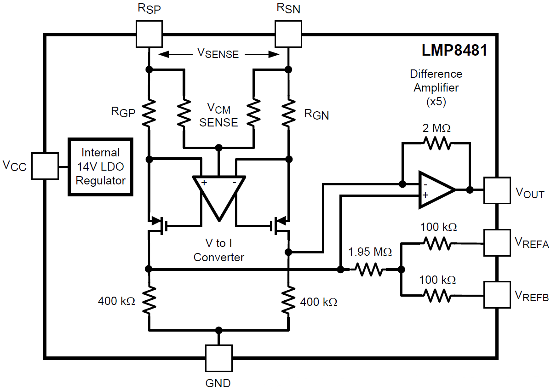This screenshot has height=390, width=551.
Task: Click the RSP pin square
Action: tap(149, 34)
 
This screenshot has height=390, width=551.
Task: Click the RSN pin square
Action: tap(288, 34)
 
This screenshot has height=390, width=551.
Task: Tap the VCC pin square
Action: tap(45, 166)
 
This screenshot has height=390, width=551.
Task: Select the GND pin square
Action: tap(218, 358)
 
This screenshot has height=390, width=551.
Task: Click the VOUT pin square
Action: tap(497, 190)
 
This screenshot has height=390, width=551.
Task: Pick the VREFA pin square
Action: tap(497, 243)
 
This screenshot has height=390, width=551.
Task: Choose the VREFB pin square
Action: tap(497, 294)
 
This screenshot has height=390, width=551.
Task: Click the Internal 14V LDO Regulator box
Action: tap(100, 166)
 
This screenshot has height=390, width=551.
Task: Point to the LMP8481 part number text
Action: tap(454, 50)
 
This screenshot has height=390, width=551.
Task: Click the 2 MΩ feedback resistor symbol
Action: tap(436, 143)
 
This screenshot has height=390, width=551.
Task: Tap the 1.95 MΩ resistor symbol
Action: tap(369, 270)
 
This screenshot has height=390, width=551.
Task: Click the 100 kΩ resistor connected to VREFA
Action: tap(437, 243)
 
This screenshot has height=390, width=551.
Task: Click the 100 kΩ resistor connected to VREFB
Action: tap(437, 294)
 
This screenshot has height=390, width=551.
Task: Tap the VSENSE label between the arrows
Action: tap(218, 54)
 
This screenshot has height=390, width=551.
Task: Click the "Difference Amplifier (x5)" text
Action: tap(436, 88)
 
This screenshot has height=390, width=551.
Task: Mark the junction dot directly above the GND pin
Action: tap(218, 330)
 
